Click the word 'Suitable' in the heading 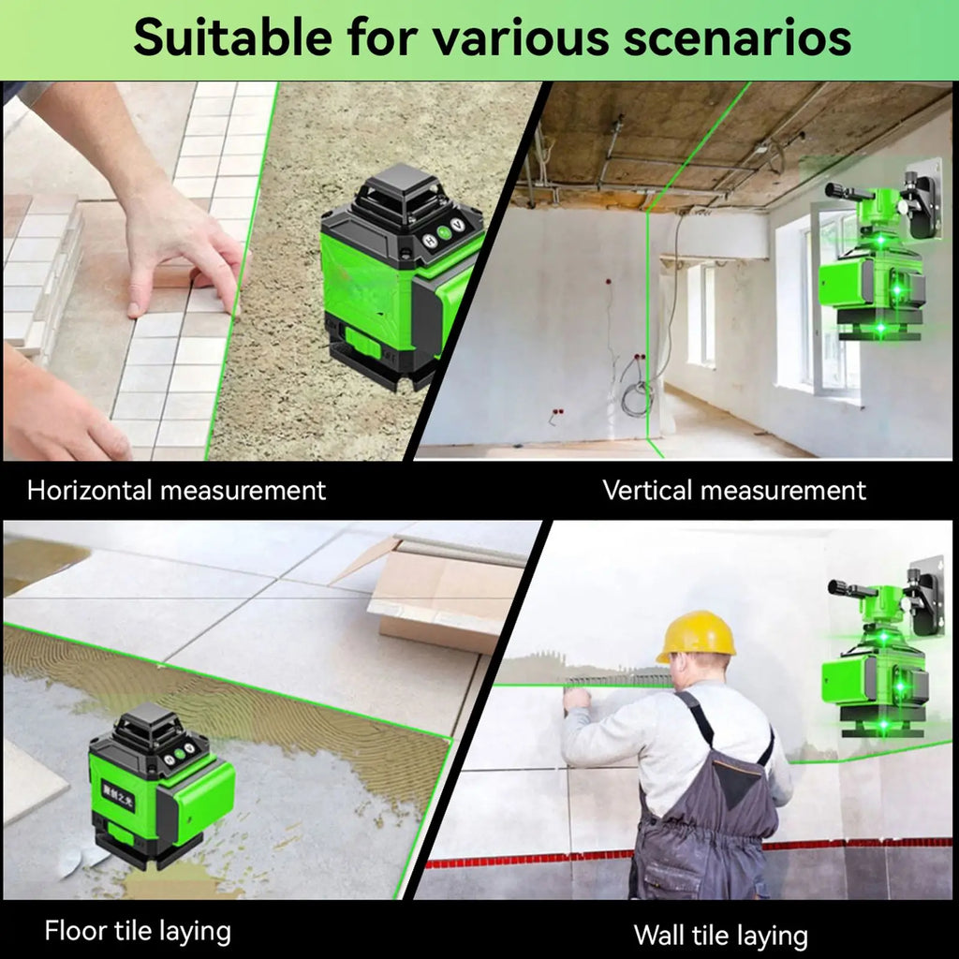(231, 38)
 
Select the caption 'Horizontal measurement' (176, 490)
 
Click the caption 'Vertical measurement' (734, 490)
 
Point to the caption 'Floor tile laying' (137, 932)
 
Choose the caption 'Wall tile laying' (720, 935)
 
